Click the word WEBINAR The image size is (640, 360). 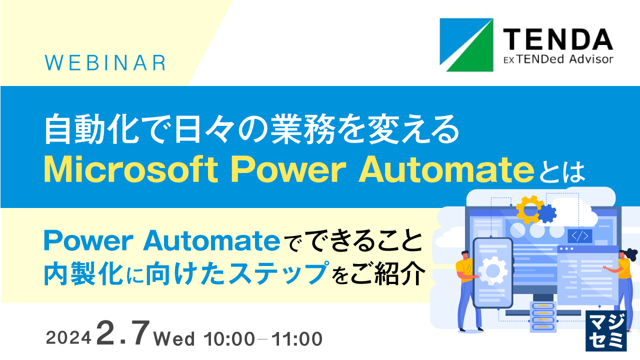105,63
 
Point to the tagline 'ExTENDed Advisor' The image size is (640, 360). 557,59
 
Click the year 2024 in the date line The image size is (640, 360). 68,339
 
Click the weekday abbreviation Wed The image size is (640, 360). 174,339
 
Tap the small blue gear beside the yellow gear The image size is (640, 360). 547,213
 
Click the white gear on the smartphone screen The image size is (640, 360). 492,271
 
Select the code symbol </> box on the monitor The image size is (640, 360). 580,235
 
